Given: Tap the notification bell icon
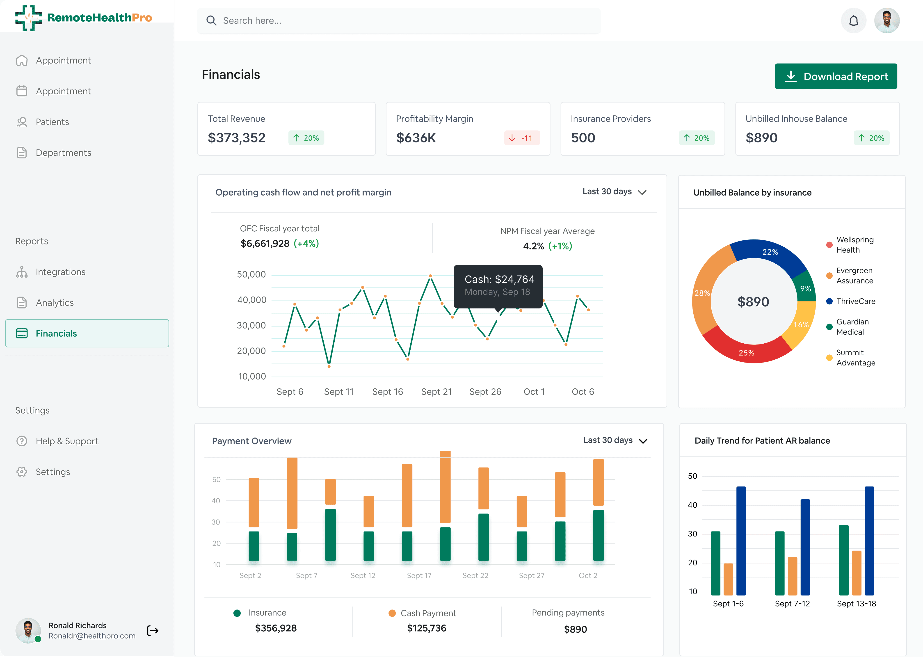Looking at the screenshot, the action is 853,21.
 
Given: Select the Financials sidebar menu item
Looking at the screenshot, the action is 87,333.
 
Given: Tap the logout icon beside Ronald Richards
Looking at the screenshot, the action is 153,630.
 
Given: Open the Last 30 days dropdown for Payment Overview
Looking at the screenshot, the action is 615,440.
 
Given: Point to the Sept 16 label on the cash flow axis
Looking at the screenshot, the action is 387,392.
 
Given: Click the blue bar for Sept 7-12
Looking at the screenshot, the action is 805,547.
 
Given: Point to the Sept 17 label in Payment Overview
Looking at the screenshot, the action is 419,575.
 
